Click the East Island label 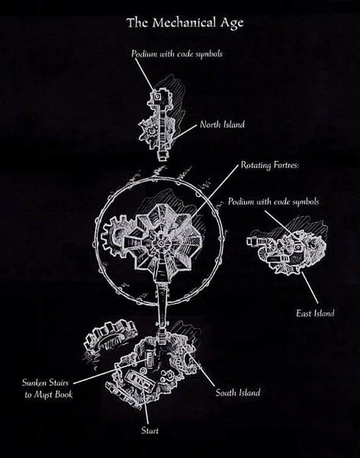click(x=314, y=313)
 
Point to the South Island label click(x=238, y=392)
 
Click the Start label click(x=148, y=431)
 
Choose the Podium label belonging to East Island click(x=273, y=202)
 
